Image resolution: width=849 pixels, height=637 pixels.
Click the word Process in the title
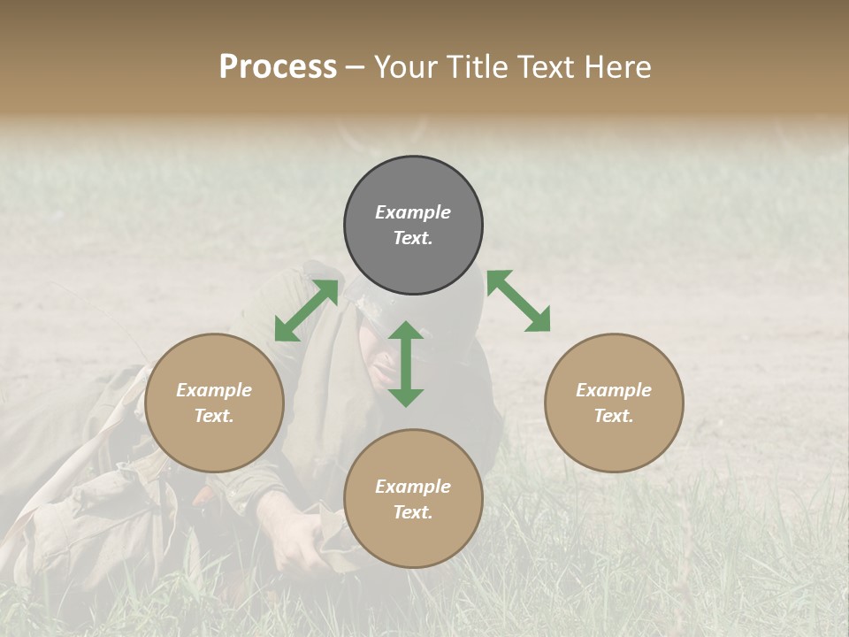click(278, 67)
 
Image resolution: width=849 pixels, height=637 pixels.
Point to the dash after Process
click(356, 69)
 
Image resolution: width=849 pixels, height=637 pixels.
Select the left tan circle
click(214, 403)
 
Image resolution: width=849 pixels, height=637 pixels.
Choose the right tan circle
click(614, 403)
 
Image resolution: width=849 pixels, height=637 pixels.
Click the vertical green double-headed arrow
click(406, 364)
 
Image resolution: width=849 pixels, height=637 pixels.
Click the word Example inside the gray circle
click(413, 212)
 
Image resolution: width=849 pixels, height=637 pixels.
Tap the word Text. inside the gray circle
click(413, 238)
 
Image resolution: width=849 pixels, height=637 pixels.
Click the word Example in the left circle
click(214, 390)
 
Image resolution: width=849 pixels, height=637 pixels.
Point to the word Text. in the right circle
click(614, 416)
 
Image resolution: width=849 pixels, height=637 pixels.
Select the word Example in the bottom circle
click(413, 487)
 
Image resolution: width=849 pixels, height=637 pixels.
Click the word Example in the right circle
click(614, 390)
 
